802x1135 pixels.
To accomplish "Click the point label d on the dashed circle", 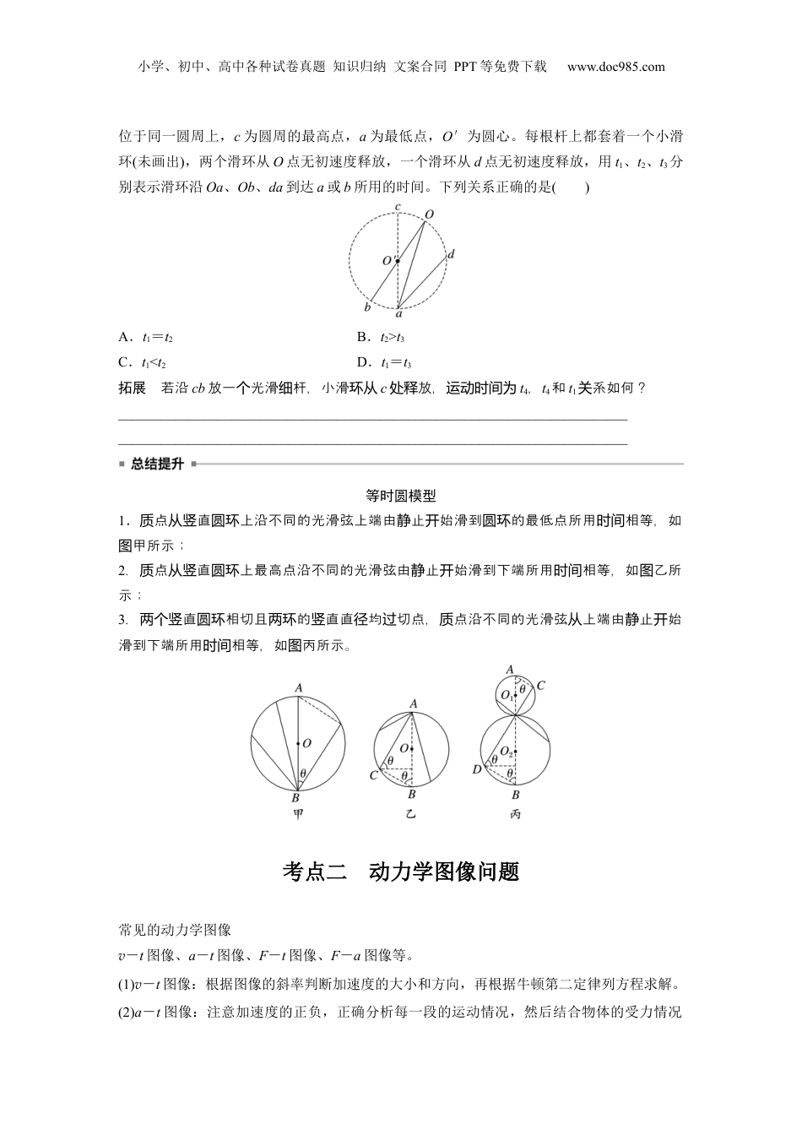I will pos(452,253).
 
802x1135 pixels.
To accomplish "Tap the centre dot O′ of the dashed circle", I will pos(397,261).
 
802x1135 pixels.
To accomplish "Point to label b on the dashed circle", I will pos(367,307).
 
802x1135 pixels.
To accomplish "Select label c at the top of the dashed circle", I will pos(398,206).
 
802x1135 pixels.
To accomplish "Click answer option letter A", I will pos(123,338).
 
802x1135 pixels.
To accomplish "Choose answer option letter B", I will pos(362,338).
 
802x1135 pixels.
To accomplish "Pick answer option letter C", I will pos(123,363).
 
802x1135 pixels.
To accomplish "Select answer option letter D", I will pos(362,363).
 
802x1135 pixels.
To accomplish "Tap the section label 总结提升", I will pos(157,464).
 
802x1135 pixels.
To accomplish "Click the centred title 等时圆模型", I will pos(401,497).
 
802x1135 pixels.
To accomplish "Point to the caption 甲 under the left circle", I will pos(297,814).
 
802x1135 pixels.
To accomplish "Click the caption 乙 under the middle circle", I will pos(410,814).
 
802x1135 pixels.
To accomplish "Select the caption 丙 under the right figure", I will pos(515,814).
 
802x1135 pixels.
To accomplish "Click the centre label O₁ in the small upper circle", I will pos(505,694).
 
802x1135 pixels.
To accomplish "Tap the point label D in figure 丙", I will pos(477,769).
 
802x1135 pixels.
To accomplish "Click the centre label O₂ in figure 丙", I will pos(506,751).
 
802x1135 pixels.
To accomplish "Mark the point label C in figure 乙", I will pos(373,775).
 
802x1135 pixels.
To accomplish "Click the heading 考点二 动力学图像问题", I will pos(401,872).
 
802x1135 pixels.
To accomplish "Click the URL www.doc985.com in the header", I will pos(616,67).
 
